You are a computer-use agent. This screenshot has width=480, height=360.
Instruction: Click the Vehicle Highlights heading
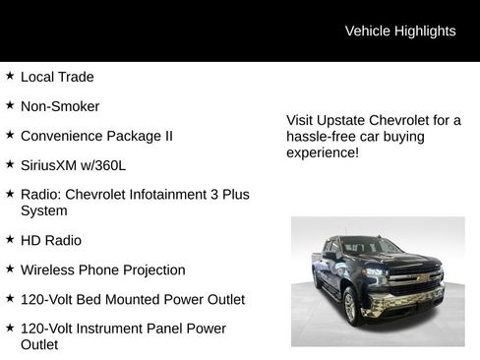click(x=400, y=30)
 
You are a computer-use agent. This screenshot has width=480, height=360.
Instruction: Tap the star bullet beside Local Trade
click(x=10, y=75)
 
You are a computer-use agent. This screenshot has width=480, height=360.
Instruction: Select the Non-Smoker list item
click(x=60, y=106)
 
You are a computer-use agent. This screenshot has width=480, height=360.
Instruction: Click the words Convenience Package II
click(x=96, y=136)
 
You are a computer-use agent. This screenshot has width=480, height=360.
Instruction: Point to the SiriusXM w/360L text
click(x=73, y=165)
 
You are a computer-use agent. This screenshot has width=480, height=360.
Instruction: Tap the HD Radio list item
click(x=51, y=240)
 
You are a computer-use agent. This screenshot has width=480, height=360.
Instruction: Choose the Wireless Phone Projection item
click(x=102, y=270)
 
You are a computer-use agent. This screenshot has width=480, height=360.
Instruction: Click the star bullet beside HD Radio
click(x=10, y=238)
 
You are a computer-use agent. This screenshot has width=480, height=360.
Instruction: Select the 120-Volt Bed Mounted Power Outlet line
click(x=133, y=299)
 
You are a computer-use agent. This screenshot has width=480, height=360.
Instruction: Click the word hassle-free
click(x=320, y=137)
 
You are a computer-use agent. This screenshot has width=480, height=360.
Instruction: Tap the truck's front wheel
click(x=349, y=305)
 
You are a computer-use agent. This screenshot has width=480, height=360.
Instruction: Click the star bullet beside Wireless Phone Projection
click(x=10, y=268)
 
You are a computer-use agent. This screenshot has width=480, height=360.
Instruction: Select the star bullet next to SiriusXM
click(x=10, y=163)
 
